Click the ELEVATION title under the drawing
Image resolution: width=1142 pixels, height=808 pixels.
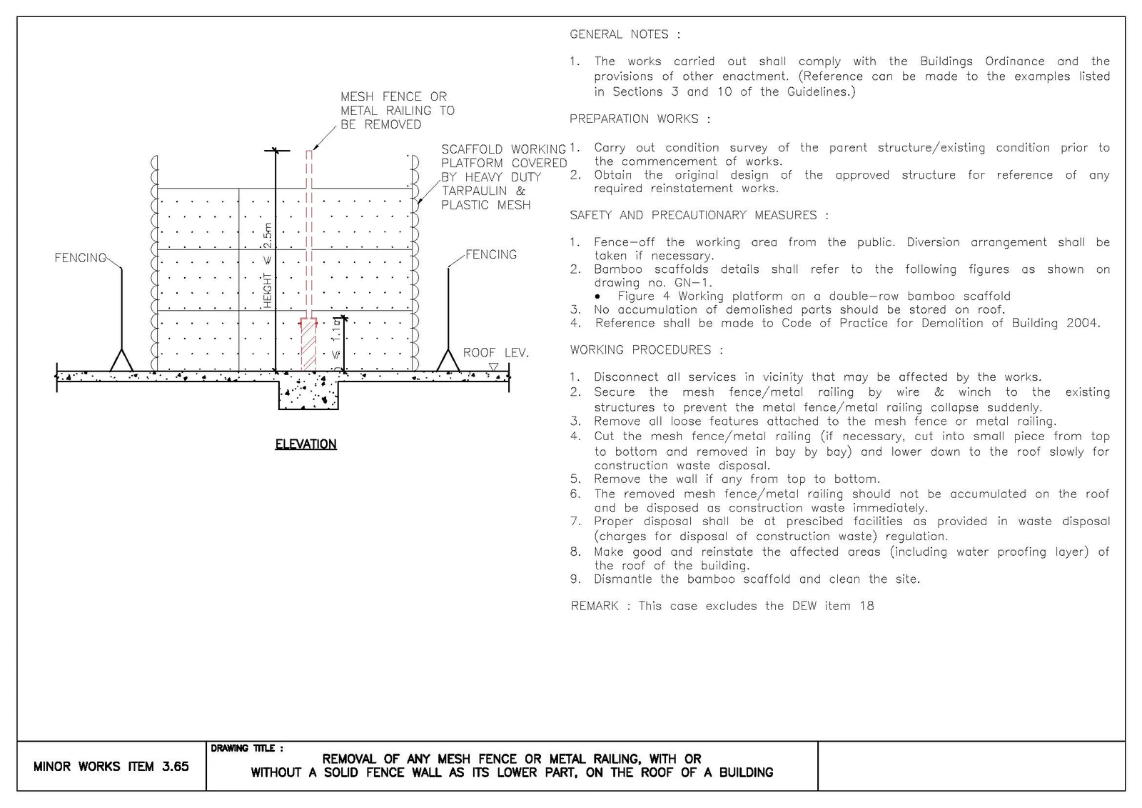click(306, 444)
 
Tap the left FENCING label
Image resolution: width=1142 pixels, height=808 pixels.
click(81, 258)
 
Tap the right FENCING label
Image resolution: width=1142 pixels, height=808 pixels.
click(491, 254)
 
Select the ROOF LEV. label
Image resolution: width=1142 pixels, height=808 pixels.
click(496, 353)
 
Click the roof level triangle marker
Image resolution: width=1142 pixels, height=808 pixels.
click(493, 367)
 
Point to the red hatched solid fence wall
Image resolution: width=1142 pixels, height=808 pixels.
click(308, 344)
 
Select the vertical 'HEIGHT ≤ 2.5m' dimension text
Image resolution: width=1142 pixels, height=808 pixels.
click(268, 266)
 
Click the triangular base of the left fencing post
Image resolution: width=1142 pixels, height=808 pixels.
click(122, 360)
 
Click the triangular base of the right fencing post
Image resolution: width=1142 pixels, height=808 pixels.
click(448, 360)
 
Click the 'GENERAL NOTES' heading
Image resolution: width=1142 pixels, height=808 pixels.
click(625, 34)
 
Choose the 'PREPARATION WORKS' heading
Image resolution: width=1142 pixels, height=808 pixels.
click(640, 119)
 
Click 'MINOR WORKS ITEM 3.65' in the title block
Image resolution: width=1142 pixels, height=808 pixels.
click(111, 766)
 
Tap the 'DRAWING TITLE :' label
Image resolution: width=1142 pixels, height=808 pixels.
click(247, 748)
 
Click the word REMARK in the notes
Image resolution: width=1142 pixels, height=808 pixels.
click(595, 606)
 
